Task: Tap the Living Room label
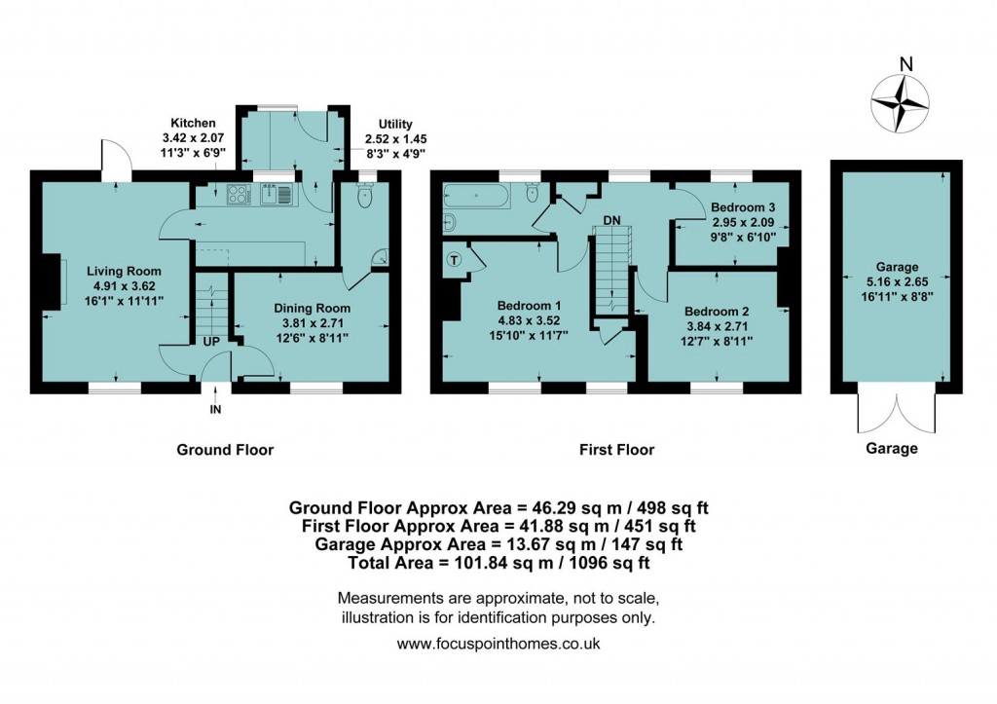(x=124, y=272)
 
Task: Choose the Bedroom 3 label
(x=743, y=207)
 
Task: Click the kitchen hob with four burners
(x=239, y=195)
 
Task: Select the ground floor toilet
(x=365, y=198)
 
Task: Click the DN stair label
(x=611, y=221)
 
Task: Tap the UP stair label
(x=210, y=341)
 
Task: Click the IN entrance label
(x=216, y=410)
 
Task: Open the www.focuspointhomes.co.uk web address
(x=498, y=644)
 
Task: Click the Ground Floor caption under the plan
(x=225, y=450)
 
